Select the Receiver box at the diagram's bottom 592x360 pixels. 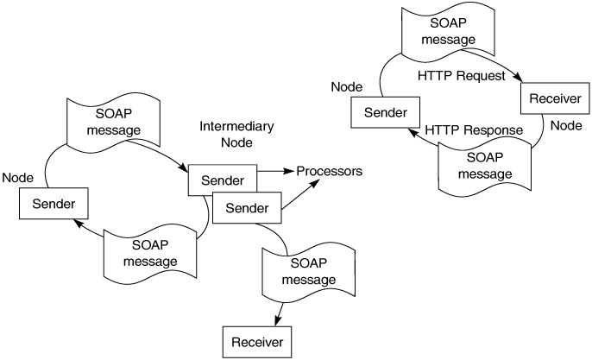[256, 341]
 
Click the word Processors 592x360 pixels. [329, 171]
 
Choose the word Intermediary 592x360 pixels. [236, 126]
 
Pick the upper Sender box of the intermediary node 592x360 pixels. [222, 180]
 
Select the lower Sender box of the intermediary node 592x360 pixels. [247, 208]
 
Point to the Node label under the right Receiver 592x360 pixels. [567, 124]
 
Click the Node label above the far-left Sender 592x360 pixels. [17, 177]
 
